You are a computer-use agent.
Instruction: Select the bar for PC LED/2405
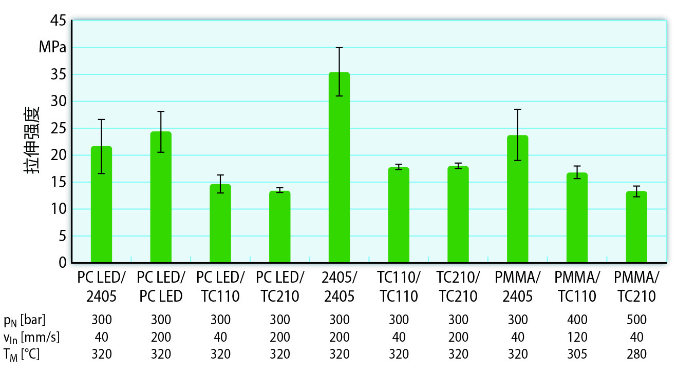click(x=101, y=205)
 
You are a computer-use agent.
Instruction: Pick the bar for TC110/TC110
click(x=399, y=215)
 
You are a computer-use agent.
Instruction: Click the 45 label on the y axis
click(x=59, y=21)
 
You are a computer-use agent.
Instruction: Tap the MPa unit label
click(x=52, y=48)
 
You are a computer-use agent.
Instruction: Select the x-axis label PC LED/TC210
click(x=280, y=287)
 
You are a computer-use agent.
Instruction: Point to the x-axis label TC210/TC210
click(x=458, y=287)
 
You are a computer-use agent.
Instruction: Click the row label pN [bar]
click(x=25, y=321)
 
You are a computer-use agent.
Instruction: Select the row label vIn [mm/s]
click(x=31, y=338)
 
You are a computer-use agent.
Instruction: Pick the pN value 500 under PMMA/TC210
click(x=636, y=320)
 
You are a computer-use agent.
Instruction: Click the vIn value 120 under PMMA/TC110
click(x=577, y=337)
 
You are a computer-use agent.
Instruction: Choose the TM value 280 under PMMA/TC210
click(x=636, y=354)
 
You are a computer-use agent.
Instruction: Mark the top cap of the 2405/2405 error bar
click(x=339, y=48)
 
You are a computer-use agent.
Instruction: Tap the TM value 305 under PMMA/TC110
click(x=577, y=354)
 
